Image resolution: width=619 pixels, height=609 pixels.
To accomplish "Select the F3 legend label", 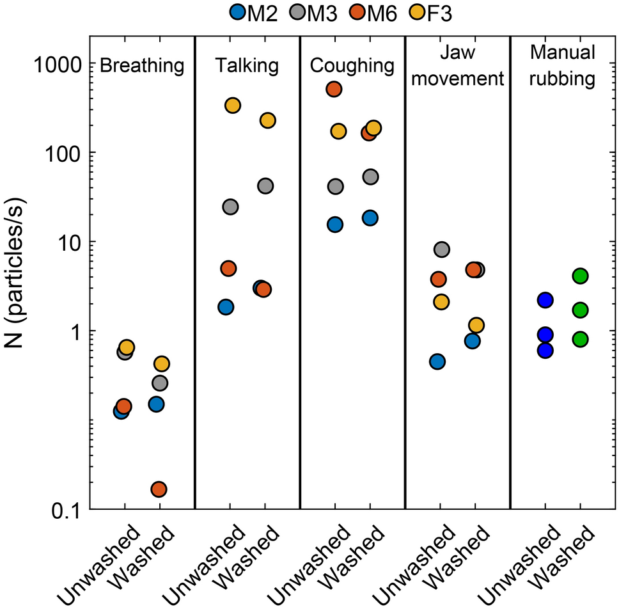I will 437,13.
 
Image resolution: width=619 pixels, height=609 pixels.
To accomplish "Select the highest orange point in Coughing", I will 334,89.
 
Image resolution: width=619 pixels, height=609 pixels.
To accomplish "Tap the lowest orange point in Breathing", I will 159,489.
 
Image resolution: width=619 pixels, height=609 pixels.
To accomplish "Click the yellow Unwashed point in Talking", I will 233,106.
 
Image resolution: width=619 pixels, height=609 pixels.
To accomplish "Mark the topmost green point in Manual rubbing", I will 580,276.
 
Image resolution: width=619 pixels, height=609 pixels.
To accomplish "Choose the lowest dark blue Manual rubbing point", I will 545,350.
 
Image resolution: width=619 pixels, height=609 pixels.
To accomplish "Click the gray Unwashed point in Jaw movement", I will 441,249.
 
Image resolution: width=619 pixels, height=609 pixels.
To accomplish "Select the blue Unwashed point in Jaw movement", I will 437,361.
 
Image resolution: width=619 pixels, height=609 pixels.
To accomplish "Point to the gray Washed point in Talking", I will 265,186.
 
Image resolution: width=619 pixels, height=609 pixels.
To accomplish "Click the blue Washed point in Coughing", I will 370,217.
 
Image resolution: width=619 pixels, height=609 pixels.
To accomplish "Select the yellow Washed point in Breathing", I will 162,364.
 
